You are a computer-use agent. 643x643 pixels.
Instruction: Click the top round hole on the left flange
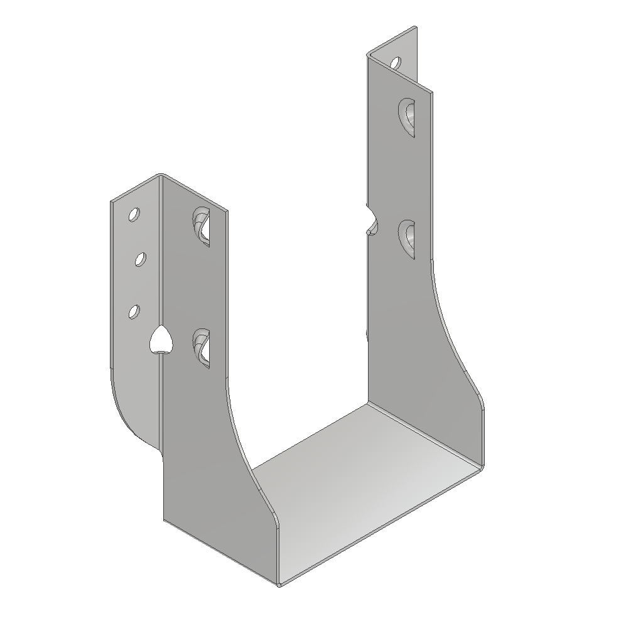(x=134, y=215)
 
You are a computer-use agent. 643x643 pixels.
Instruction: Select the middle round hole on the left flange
(x=141, y=259)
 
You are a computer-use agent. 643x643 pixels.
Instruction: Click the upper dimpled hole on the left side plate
(x=202, y=225)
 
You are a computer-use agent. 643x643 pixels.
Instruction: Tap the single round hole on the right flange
(x=395, y=63)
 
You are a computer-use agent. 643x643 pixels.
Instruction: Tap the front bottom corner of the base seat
(x=278, y=584)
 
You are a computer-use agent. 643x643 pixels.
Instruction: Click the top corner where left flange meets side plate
(x=161, y=176)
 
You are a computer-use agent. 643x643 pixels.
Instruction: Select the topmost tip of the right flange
(x=415, y=28)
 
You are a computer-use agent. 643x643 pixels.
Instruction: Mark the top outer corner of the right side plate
(x=431, y=93)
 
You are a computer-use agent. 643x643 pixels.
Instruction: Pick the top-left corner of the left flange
(x=112, y=202)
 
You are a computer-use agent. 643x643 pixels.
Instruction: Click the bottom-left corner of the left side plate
(x=164, y=520)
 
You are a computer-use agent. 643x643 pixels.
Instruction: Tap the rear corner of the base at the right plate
(x=368, y=405)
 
